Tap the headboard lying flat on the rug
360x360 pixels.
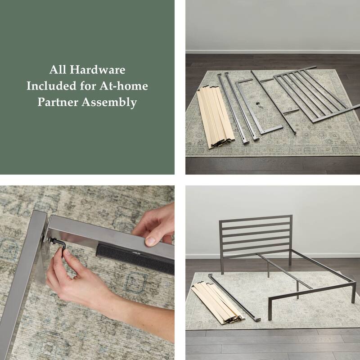[x=315, y=94]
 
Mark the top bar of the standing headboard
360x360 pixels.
[x=255, y=218]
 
